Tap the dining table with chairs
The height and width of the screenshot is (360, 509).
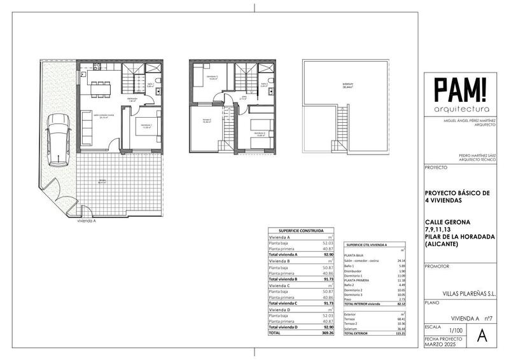[99, 85]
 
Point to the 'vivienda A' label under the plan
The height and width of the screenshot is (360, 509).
[86, 221]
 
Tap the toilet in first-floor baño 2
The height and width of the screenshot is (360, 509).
[270, 83]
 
